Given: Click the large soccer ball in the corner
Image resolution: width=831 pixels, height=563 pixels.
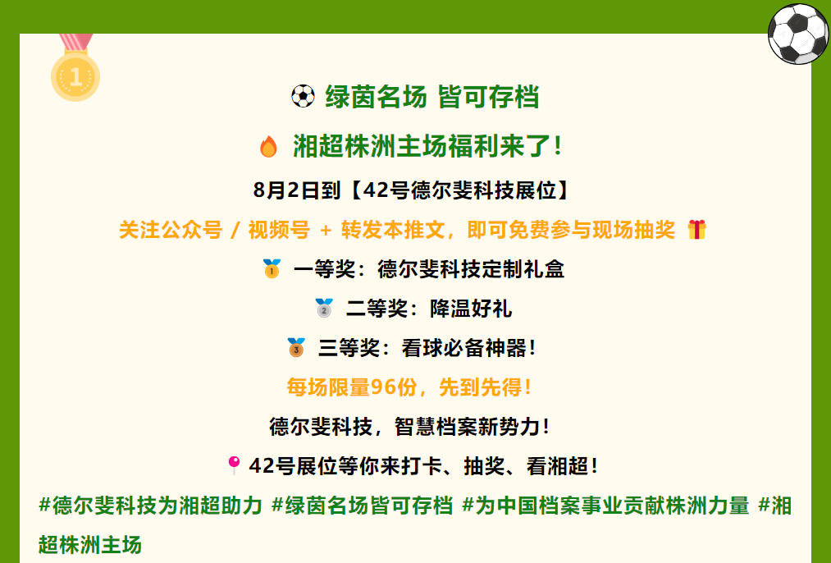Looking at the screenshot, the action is [798, 34].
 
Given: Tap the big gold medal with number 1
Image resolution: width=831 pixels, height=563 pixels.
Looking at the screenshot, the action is [75, 76].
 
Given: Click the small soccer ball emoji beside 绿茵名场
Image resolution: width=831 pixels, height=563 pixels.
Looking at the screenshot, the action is [304, 97].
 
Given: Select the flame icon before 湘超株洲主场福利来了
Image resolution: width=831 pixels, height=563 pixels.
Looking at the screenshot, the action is [269, 146].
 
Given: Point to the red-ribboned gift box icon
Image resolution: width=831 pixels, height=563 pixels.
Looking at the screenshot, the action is [697, 230].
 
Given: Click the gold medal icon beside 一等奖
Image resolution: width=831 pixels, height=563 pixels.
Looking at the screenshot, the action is [272, 268].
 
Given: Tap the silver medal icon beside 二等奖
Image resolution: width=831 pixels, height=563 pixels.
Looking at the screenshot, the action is [324, 308].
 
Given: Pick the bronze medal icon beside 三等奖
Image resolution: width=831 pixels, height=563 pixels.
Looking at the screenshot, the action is [296, 347].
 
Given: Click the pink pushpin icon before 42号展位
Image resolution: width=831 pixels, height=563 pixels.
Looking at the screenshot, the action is [234, 465].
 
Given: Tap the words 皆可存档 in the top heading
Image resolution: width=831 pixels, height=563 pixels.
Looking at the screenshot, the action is [489, 97].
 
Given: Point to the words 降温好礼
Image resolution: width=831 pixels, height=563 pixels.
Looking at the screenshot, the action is [471, 309].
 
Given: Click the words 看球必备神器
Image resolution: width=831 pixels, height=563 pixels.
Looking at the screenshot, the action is [464, 348].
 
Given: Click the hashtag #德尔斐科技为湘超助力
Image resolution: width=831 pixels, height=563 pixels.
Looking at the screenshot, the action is [150, 506].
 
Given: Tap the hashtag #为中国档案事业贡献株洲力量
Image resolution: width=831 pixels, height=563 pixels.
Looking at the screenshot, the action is [605, 506].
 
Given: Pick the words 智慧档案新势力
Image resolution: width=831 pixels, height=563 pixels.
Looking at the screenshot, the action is [468, 427].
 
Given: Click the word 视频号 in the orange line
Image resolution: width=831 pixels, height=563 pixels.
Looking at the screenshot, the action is [279, 230].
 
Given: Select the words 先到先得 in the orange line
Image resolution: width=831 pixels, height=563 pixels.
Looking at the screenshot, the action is [480, 387].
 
